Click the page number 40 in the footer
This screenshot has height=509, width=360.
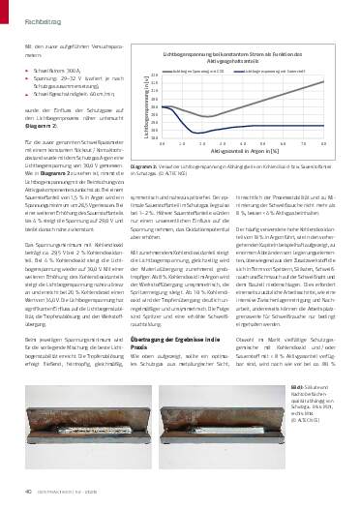click(x=19, y=492)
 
